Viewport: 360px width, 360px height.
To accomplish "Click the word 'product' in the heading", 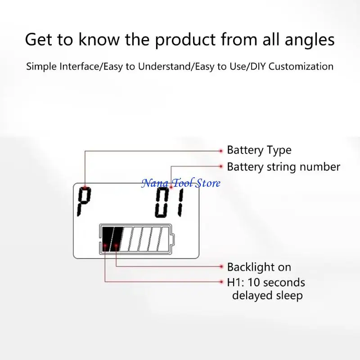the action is click(x=185, y=40).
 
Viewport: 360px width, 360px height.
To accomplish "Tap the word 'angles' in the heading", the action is click(x=310, y=40).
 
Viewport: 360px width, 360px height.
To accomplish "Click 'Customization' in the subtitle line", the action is click(x=301, y=66).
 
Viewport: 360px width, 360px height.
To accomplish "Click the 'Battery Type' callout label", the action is click(x=259, y=150).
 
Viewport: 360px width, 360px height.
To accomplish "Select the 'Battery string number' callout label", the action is click(x=283, y=167).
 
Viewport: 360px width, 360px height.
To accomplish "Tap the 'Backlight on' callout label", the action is click(x=259, y=267).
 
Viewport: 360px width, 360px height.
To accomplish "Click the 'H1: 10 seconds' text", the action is click(x=266, y=283).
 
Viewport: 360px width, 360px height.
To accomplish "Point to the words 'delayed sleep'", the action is click(x=267, y=295).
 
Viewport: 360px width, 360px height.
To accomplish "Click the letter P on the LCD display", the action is click(x=84, y=202).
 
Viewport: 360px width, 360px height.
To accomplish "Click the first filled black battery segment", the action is click(x=107, y=239).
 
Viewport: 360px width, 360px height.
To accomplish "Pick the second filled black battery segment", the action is click(x=117, y=239).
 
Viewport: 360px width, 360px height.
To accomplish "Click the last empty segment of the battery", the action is click(x=163, y=239).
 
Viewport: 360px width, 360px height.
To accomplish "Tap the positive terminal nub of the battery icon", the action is click(x=173, y=239).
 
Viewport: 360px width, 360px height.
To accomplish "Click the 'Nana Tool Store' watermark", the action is click(x=181, y=183).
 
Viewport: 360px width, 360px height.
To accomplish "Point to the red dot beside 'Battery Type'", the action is click(x=221, y=151).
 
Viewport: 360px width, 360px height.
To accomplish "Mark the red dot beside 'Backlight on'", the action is click(x=221, y=266).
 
